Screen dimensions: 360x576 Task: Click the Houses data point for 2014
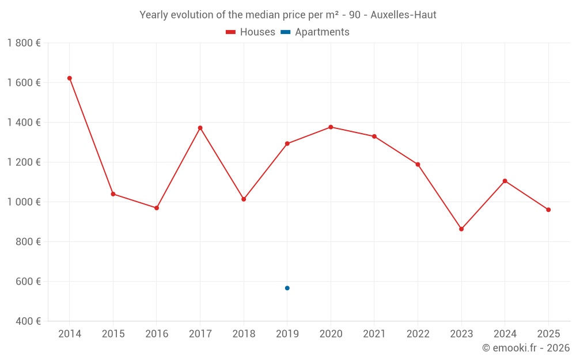coord(70,78)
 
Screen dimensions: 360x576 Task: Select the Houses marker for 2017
coord(200,128)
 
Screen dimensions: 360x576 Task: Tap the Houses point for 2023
coord(461,229)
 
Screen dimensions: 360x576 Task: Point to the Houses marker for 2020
coord(331,127)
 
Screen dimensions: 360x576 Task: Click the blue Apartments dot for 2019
coord(287,288)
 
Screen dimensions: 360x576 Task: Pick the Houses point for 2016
coord(157,208)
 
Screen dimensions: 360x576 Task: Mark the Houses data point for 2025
coord(548,210)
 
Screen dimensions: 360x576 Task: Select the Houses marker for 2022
coord(418,165)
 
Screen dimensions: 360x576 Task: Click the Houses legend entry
coord(251,32)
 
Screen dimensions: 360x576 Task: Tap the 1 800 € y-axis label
coord(24,43)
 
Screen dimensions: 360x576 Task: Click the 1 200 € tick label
coord(24,162)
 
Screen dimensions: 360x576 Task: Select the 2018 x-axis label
coord(244,334)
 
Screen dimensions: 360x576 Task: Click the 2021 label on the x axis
coord(374,334)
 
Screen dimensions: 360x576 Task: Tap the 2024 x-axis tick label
coord(505,334)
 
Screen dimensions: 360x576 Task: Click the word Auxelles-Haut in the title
coord(403,15)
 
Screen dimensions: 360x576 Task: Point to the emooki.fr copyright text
coord(525,348)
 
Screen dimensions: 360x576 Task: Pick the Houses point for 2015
coord(113,194)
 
